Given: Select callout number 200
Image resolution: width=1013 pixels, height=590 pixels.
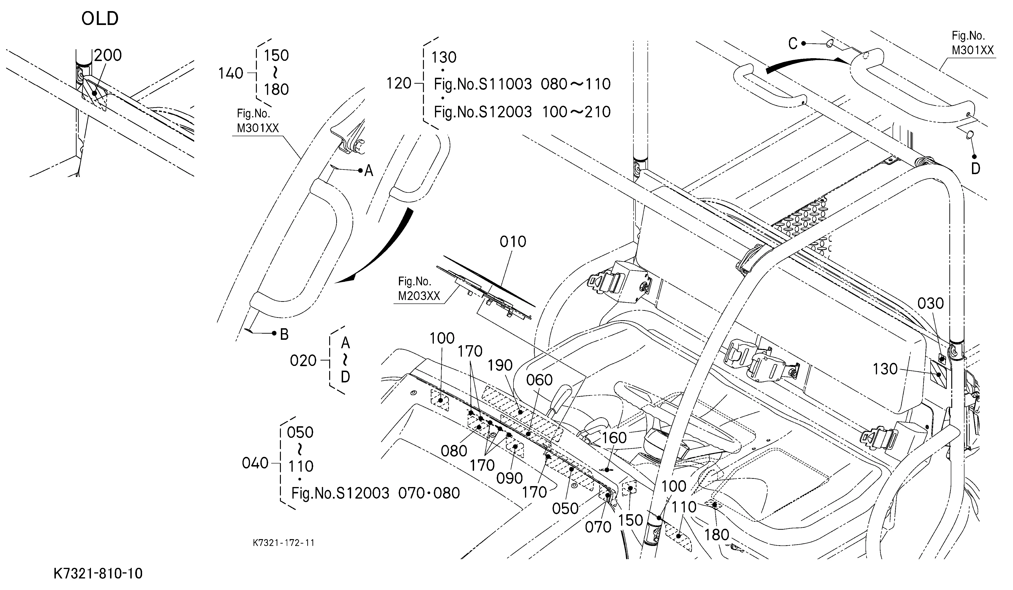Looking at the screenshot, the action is coord(108,55).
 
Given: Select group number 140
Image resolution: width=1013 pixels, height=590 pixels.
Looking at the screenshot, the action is coord(231,73).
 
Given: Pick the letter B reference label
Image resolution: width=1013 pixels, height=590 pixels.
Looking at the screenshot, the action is coord(284,334).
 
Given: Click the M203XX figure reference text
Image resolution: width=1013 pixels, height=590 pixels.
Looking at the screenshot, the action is coord(419,296).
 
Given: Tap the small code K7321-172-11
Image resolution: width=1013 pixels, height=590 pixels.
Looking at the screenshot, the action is coord(284,543).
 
